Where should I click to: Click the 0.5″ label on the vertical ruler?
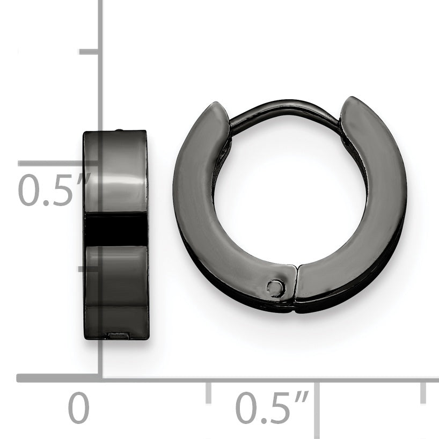coord(55,190)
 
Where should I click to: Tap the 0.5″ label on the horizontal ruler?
coord(272,407)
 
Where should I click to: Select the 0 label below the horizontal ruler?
coord(79,407)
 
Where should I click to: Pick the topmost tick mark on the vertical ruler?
coord(89,52)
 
